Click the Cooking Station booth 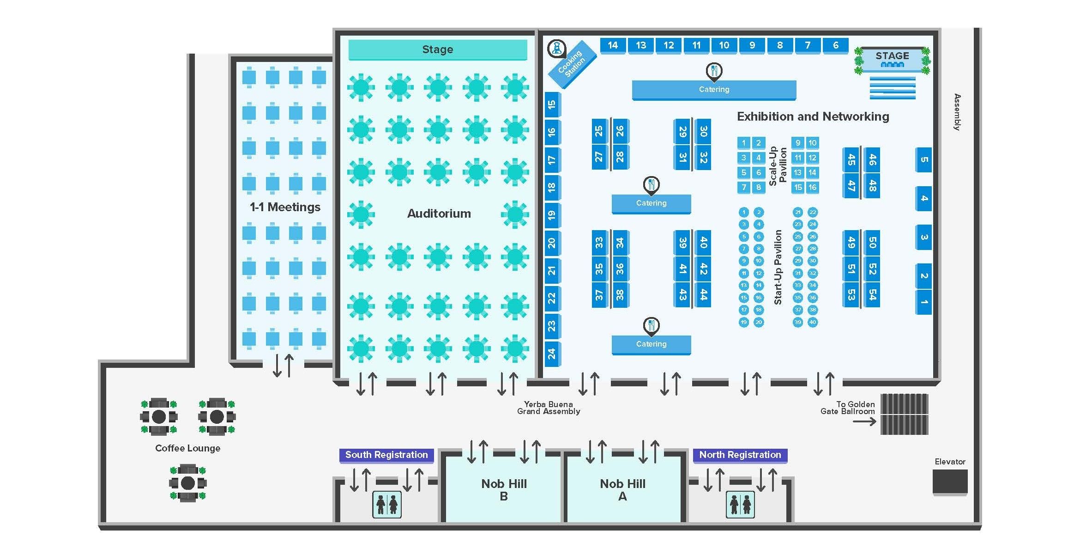(x=572, y=65)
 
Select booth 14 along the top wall (x=613, y=45)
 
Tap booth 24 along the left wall (x=552, y=354)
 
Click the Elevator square (x=950, y=482)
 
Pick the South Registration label (x=386, y=455)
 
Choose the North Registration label (x=740, y=455)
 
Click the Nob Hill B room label (x=504, y=490)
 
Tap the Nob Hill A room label (x=622, y=490)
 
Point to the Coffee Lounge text (x=187, y=448)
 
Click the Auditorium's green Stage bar (x=437, y=49)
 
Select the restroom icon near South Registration (x=387, y=504)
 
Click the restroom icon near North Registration (x=740, y=504)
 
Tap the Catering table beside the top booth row (x=714, y=90)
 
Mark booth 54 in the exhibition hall (x=872, y=294)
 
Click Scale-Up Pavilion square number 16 (x=812, y=187)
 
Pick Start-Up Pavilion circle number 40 (x=812, y=322)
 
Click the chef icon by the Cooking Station (x=557, y=49)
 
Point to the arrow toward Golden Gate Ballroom (x=864, y=421)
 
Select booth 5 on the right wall (x=923, y=160)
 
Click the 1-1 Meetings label (x=285, y=207)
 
